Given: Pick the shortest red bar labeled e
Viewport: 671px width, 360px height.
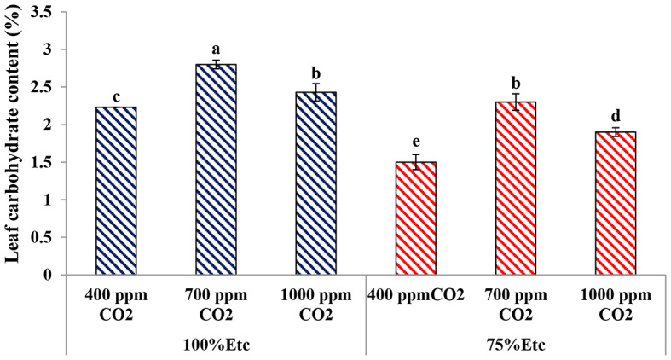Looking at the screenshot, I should pyautogui.click(x=415, y=218).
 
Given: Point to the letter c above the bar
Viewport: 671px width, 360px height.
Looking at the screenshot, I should pyautogui.click(x=115, y=96).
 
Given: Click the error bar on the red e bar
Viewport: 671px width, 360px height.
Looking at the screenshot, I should pyautogui.click(x=415, y=162).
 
